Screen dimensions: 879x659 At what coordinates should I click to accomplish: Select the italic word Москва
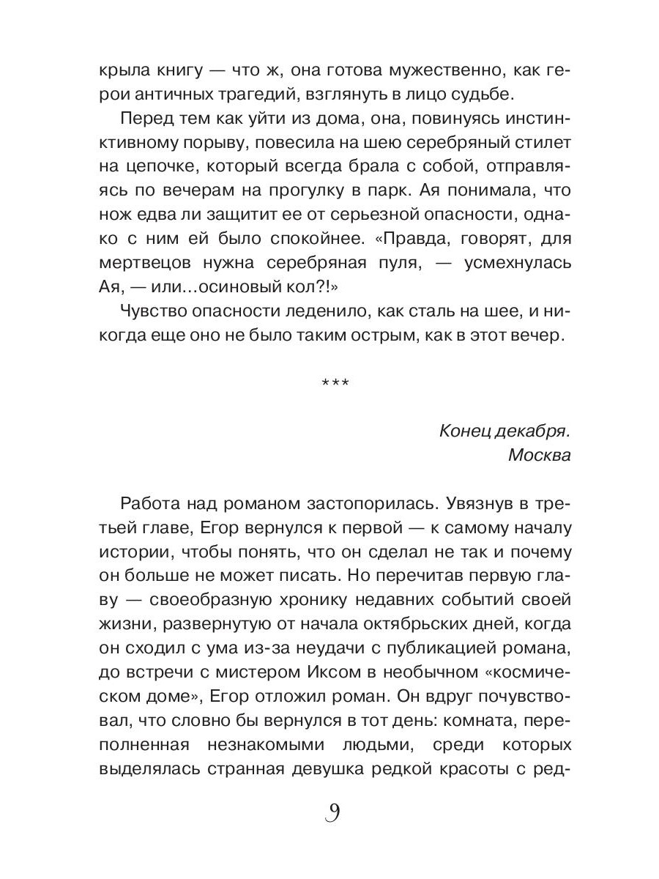pos(539,454)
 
